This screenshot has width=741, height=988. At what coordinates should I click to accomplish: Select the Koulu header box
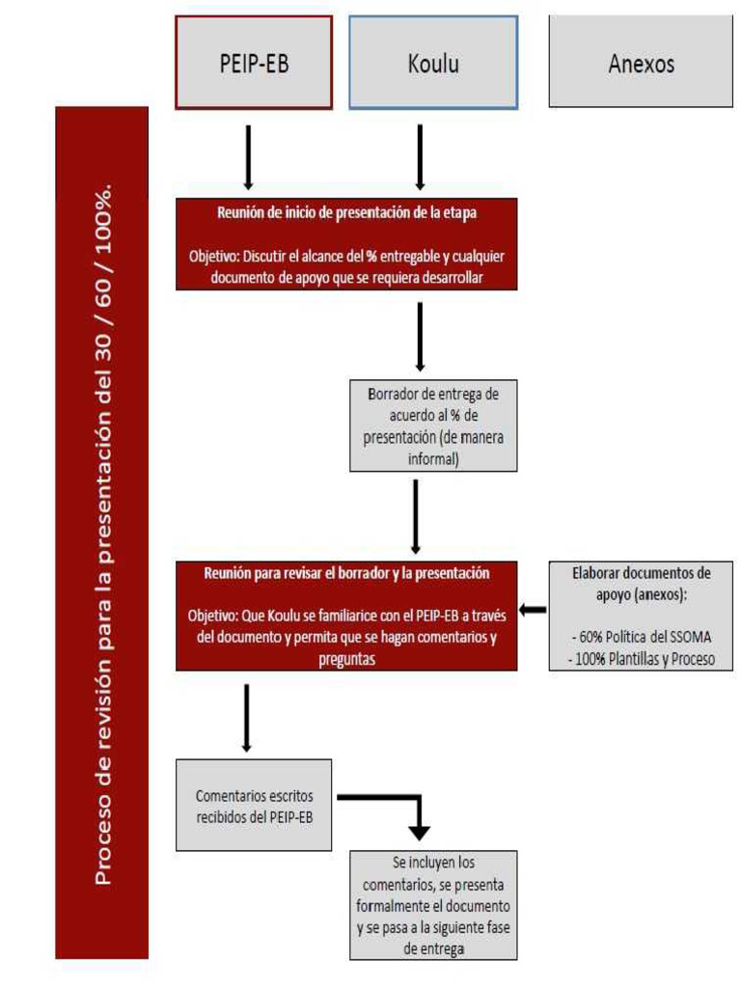click(x=432, y=63)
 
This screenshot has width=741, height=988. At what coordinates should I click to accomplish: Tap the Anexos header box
click(x=641, y=63)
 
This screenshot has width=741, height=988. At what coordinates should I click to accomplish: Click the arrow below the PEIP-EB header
click(x=248, y=154)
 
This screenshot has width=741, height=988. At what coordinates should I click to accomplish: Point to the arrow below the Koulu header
click(x=419, y=154)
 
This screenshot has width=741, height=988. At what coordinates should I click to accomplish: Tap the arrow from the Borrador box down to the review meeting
click(x=415, y=516)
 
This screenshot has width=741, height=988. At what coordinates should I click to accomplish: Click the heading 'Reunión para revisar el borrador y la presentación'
click(x=346, y=573)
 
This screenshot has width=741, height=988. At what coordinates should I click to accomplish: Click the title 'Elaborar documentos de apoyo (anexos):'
click(x=641, y=584)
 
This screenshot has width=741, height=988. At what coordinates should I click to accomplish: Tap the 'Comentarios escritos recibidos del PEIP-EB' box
click(x=254, y=806)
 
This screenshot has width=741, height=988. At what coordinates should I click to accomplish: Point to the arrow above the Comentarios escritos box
click(x=247, y=716)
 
